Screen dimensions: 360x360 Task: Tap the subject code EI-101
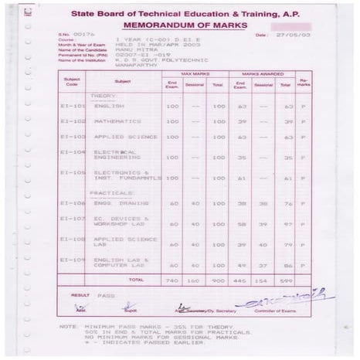click(x=72, y=105)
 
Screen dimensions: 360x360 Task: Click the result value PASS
click(x=106, y=296)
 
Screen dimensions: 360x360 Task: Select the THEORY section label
click(x=104, y=96)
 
